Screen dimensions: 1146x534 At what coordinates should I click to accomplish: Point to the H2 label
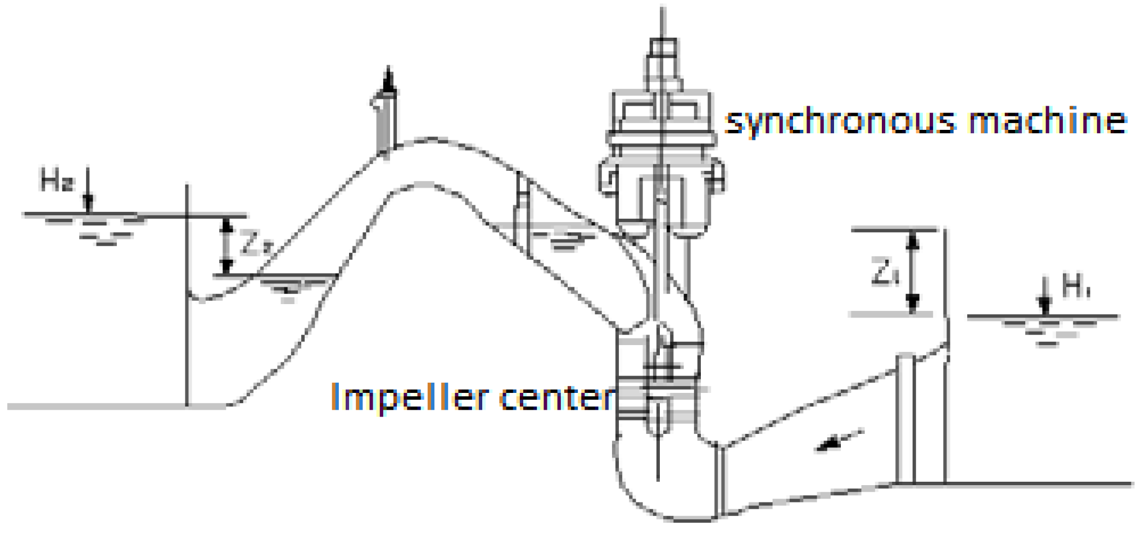click(56, 180)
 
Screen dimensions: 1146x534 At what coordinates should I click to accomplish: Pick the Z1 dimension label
click(885, 272)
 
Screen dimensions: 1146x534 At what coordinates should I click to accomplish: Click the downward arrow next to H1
click(1044, 296)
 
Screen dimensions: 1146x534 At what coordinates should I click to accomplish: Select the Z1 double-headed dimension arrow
click(913, 272)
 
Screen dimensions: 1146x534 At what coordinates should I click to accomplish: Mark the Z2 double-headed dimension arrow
click(226, 246)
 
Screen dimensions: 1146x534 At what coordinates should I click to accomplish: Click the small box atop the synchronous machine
click(663, 48)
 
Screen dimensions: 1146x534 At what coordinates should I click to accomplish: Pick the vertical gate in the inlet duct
click(905, 418)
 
